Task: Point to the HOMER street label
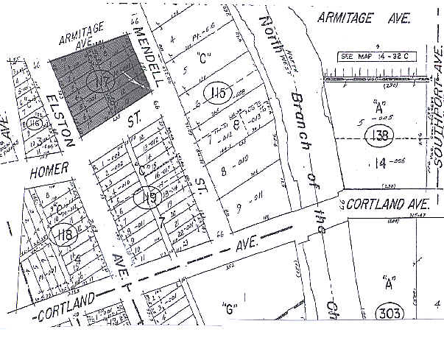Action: click(49, 169)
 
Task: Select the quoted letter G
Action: click(230, 308)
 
